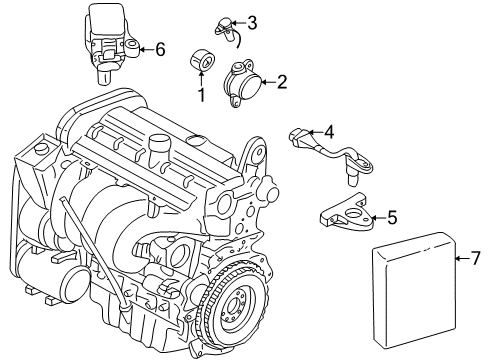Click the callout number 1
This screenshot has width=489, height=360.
pyautogui.click(x=200, y=96)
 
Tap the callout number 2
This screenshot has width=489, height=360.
pyautogui.click(x=282, y=82)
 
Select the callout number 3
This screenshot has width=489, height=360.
pyautogui.click(x=252, y=22)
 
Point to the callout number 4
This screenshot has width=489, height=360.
pyautogui.click(x=328, y=130)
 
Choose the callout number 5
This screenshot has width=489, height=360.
pyautogui.click(x=392, y=215)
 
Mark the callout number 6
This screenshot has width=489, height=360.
pyautogui.click(x=160, y=47)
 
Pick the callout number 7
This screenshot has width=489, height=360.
pyautogui.click(x=476, y=260)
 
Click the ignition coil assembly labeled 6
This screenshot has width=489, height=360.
pyautogui.click(x=111, y=40)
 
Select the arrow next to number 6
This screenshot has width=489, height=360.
pyautogui.click(x=145, y=47)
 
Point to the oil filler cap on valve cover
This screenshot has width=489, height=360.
pyautogui.click(x=158, y=153)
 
